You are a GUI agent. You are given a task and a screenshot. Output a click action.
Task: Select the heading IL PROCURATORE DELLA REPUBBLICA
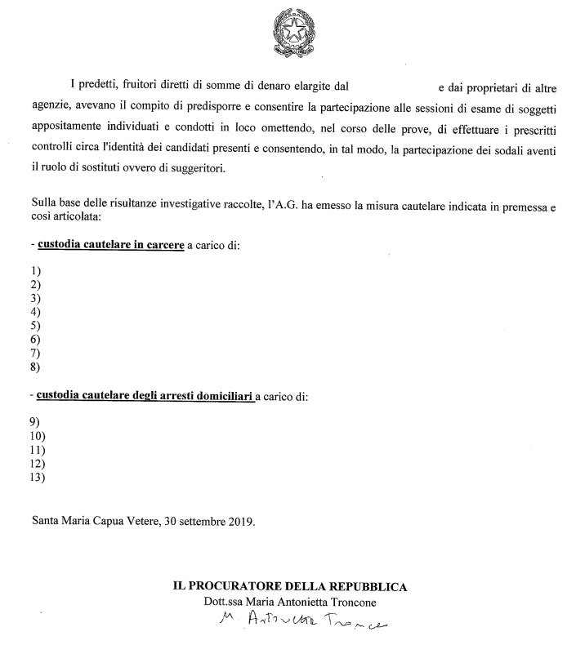click(x=289, y=586)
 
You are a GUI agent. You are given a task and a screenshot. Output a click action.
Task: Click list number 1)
click(x=35, y=269)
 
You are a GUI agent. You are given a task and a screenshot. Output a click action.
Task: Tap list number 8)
click(x=35, y=367)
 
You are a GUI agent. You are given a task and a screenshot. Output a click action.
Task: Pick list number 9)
click(x=35, y=421)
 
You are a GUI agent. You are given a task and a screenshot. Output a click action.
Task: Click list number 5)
click(x=35, y=325)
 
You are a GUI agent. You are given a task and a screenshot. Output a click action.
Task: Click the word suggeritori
click(x=202, y=168)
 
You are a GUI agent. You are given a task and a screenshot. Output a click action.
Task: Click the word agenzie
click(x=51, y=106)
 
